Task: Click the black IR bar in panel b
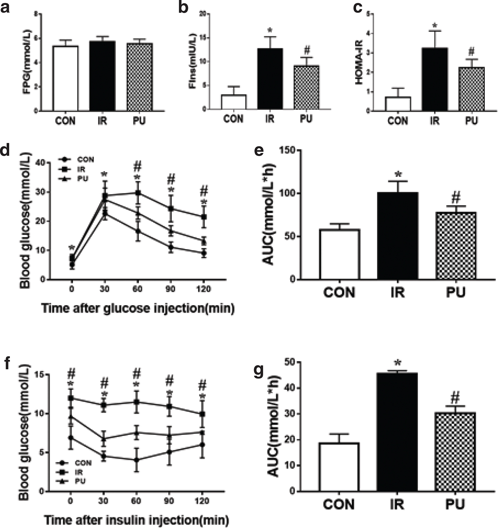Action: click(x=270, y=78)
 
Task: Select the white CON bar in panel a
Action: click(x=65, y=78)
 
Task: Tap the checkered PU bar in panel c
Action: click(x=471, y=89)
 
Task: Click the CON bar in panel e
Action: click(x=339, y=254)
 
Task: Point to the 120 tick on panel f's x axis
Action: click(x=202, y=501)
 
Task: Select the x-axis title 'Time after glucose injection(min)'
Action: click(x=138, y=308)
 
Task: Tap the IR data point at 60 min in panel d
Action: click(x=138, y=193)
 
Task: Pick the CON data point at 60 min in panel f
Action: click(x=137, y=460)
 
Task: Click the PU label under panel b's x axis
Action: click(x=306, y=119)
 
